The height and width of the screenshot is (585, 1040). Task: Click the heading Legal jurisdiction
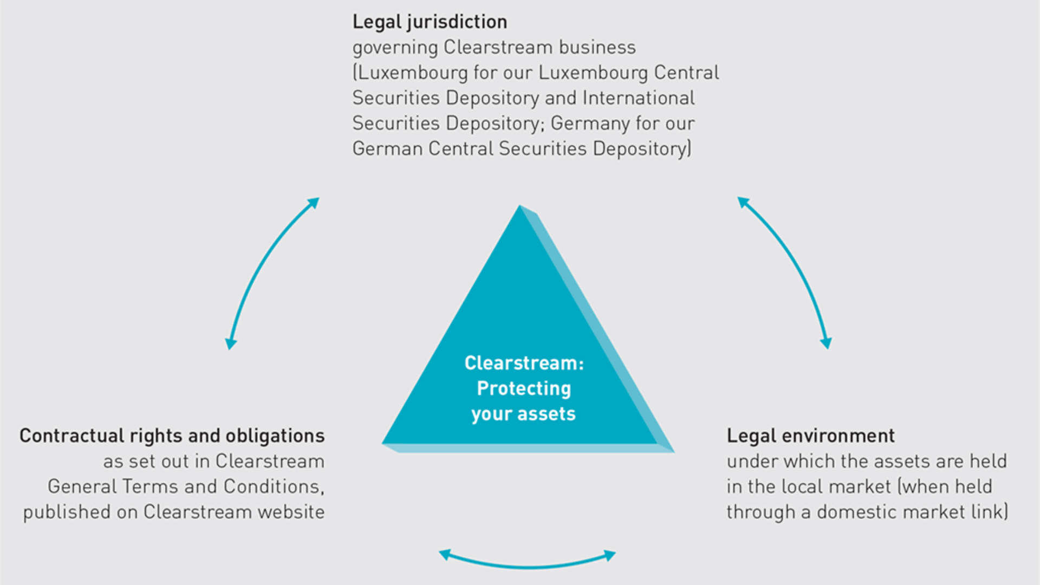click(430, 22)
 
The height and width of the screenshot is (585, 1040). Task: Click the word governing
click(395, 48)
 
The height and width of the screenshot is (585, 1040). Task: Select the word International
click(639, 98)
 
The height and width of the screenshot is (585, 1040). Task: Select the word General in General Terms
click(82, 486)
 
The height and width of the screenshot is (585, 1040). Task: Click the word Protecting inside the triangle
click(524, 388)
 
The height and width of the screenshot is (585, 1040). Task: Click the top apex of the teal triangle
click(520, 207)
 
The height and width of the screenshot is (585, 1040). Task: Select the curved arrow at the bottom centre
click(527, 563)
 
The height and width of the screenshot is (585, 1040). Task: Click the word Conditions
click(273, 486)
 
